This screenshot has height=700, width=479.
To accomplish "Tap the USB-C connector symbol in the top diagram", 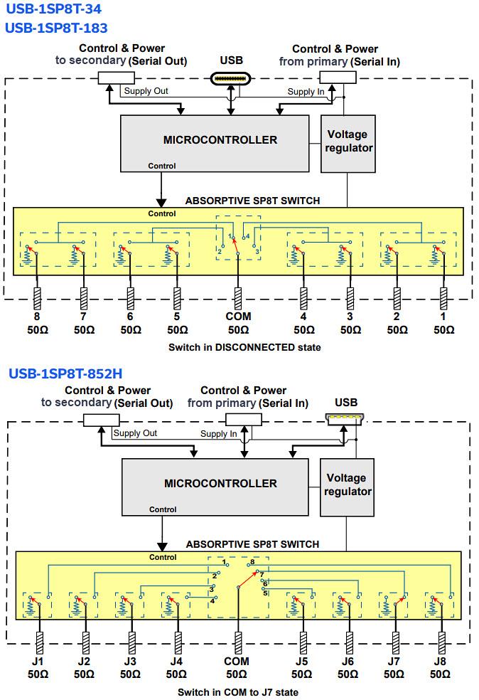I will click(231, 78).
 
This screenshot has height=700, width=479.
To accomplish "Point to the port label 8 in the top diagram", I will click(37, 316).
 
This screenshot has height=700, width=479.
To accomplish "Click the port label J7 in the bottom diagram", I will click(394, 661).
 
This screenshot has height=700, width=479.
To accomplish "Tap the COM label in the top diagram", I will click(238, 316).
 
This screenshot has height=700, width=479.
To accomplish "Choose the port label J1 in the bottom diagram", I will click(37, 661).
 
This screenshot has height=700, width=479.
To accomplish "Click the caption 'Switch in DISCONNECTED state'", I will click(244, 347).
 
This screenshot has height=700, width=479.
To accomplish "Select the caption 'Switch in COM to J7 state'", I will click(238, 691).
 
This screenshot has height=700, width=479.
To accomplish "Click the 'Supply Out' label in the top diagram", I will click(146, 91).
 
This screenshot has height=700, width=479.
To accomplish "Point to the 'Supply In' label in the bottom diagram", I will click(218, 433).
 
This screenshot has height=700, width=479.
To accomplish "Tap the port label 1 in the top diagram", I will click(443, 316).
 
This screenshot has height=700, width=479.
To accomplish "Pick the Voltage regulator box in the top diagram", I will click(348, 142).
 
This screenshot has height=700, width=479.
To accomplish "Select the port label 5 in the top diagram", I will click(177, 316).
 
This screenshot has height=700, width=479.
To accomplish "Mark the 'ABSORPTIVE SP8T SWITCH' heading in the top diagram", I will click(252, 201).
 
